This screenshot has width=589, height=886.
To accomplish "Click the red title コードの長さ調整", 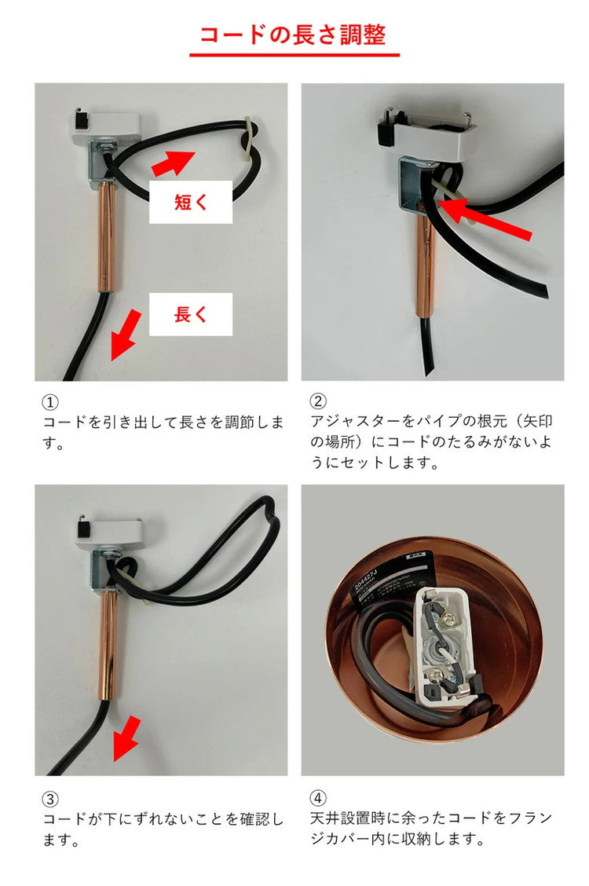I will pyautogui.click(x=294, y=35).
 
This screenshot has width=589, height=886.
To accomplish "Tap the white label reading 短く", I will pyautogui.click(x=191, y=202).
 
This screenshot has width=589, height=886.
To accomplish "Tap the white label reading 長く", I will pyautogui.click(x=191, y=314).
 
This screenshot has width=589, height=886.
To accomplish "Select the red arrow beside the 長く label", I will pyautogui.click(x=126, y=335).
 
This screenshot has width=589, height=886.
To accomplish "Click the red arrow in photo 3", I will pyautogui.click(x=125, y=739).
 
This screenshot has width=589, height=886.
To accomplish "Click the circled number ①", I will pyautogui.click(x=49, y=401).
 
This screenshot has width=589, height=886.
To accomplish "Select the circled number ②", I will pyautogui.click(x=318, y=401).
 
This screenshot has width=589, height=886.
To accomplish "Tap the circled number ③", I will pyautogui.click(x=49, y=799).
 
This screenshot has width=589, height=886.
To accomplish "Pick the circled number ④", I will pyautogui.click(x=318, y=799).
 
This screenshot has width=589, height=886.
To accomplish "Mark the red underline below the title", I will pyautogui.click(x=294, y=55).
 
